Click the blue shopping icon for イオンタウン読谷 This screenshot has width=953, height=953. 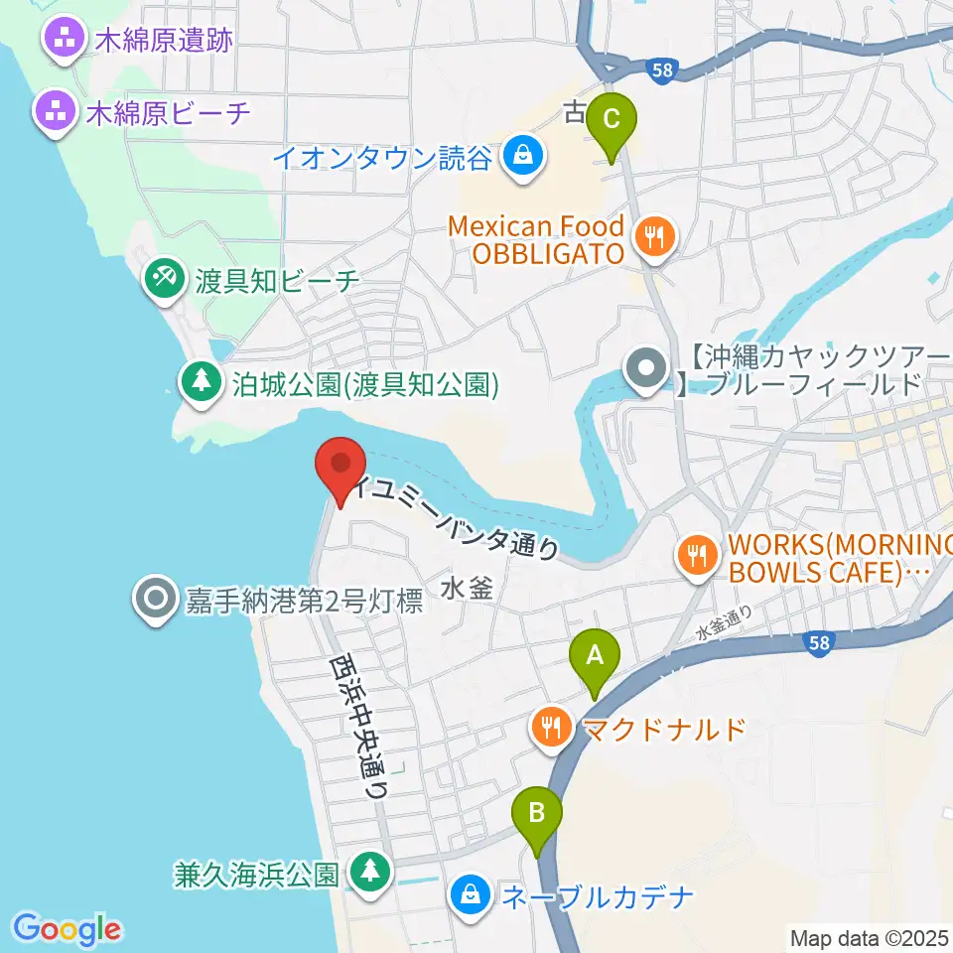519,156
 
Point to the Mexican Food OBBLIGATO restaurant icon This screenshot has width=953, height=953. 652,238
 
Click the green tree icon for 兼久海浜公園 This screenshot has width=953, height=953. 370,873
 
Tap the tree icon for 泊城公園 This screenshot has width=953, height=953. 202,382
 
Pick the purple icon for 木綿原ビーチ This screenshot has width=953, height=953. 55,112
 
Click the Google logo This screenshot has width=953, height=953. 68,929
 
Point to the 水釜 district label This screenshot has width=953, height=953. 466,589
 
